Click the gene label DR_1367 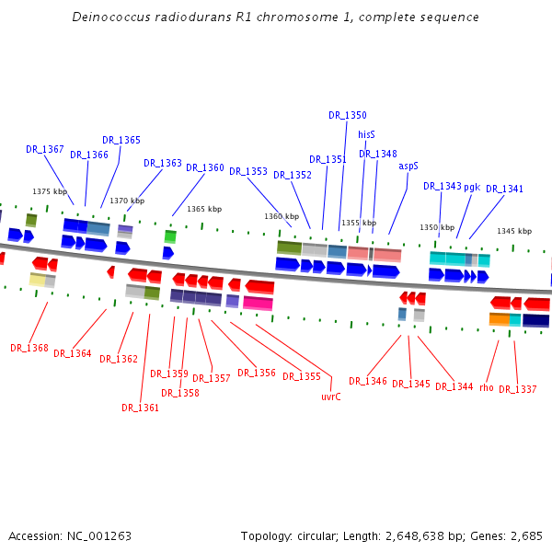[x=45, y=149]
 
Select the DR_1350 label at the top [x=348, y=115]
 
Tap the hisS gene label [x=366, y=134]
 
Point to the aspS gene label [x=408, y=166]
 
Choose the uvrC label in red [x=331, y=397]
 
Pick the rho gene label [x=487, y=387]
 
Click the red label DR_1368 [x=29, y=348]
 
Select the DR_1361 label [x=141, y=408]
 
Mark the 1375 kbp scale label [x=50, y=191]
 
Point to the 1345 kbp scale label [x=514, y=231]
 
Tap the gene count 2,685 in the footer [x=524, y=535]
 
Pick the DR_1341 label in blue [x=504, y=189]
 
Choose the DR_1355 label [x=302, y=376]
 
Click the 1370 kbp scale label [x=127, y=201]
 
